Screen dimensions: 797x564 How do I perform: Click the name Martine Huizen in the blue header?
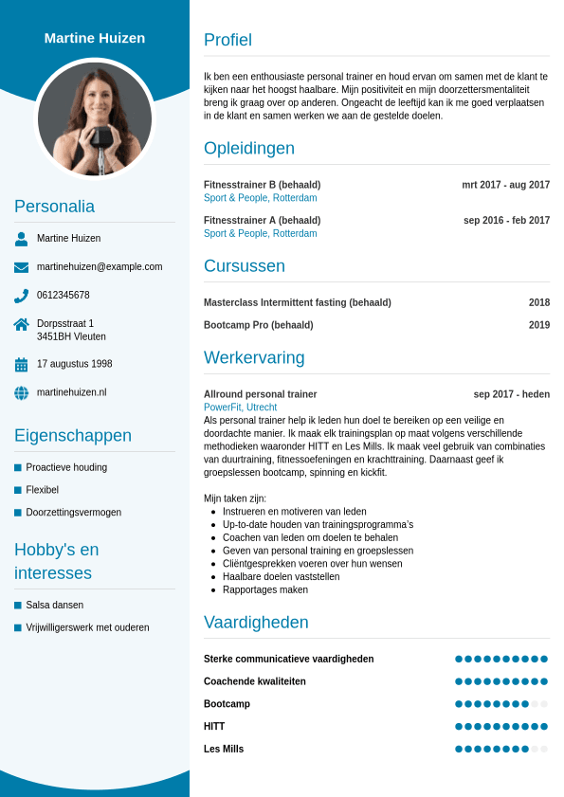coord(95,38)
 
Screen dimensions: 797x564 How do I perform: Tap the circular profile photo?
coord(95,118)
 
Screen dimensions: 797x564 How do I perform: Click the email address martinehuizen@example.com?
coord(100,267)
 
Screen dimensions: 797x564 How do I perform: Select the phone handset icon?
coord(21,296)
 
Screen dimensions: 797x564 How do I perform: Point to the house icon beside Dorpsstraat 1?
coord(21,324)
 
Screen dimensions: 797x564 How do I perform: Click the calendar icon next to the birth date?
coord(21,365)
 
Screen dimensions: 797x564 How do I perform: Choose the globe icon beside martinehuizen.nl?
coord(21,392)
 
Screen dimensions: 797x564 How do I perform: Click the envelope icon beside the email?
coord(21,267)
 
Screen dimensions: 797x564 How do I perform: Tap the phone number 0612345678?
coord(64,296)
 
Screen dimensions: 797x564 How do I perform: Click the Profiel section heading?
coord(227,40)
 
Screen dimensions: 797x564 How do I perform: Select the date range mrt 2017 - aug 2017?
coord(505,185)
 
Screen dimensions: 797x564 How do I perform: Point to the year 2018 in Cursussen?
coord(539,303)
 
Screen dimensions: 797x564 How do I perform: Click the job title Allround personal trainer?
coord(260,394)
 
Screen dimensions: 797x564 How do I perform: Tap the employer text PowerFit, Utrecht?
coord(240,408)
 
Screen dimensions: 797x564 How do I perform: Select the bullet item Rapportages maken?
coord(264,589)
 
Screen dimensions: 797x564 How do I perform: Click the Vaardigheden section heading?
coord(256,623)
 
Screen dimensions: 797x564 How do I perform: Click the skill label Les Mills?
coord(224,749)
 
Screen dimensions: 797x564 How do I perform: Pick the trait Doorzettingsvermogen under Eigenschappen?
coord(73,513)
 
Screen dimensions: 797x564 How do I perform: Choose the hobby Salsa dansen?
coord(54,605)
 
